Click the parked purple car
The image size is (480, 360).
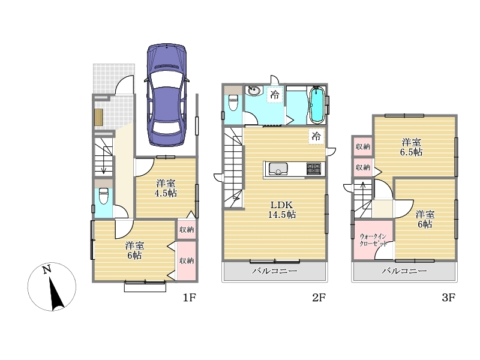pos(167,95)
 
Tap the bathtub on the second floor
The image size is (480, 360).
pos(317,105)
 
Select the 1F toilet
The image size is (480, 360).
pos(103,196)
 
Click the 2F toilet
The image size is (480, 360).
pos(233,103)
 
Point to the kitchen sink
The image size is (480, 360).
pos(278,169)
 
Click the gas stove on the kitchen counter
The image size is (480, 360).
pos(314,169)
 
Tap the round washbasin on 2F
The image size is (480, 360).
pos(254,91)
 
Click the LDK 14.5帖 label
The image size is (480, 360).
pos(281,209)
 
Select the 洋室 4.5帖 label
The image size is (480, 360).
pos(166,188)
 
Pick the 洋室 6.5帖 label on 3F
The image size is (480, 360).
pos(411,147)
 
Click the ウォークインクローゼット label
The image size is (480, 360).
pos(373,240)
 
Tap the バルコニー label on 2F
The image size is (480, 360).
pos(275,271)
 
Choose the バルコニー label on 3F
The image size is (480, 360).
pos(404,271)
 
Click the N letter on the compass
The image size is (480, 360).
pos(47,269)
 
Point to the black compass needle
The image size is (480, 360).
pos(56,293)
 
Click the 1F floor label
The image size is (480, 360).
pos(189,297)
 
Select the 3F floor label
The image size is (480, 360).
pos(448,297)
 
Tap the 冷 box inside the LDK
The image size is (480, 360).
pos(316,136)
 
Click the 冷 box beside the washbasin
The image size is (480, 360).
pos(275,95)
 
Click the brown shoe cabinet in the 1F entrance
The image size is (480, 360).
pos(98,117)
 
